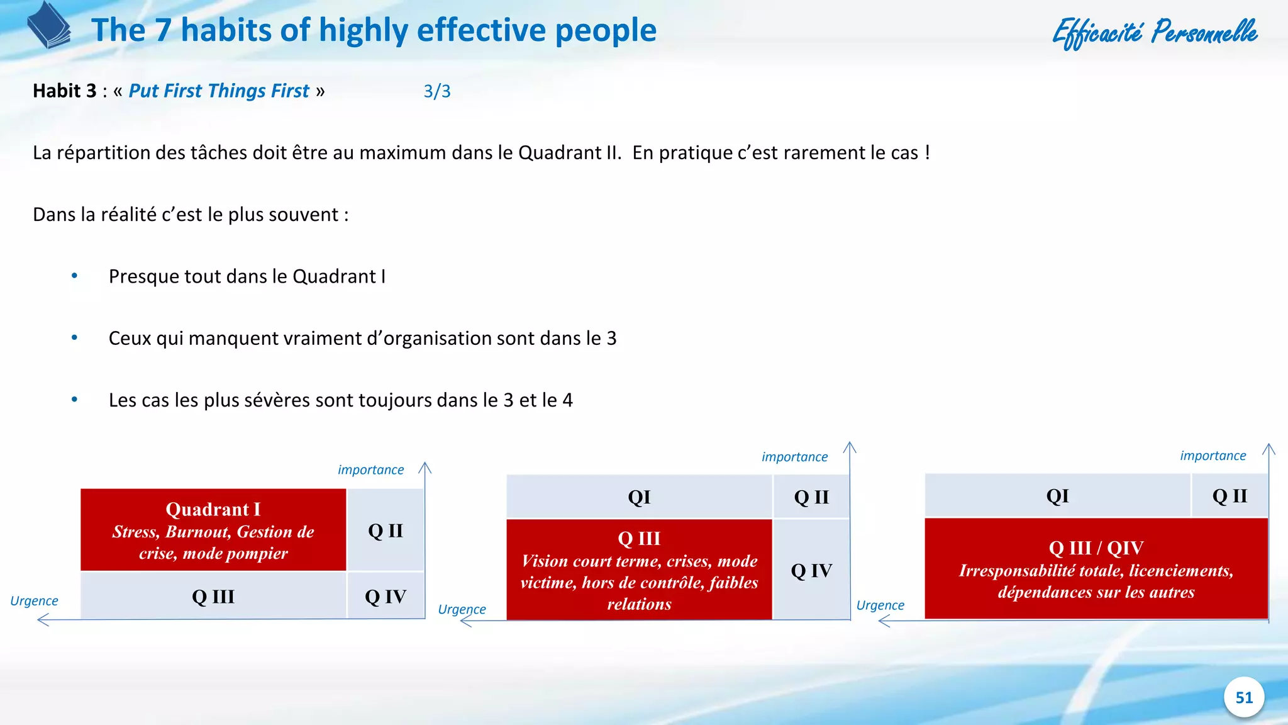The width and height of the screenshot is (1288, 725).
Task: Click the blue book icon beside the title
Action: tap(48, 26)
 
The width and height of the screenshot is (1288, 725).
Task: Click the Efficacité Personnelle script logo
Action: tap(1155, 32)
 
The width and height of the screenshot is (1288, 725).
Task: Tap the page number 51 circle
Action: tap(1243, 697)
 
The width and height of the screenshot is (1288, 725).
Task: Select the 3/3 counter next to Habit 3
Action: tap(437, 91)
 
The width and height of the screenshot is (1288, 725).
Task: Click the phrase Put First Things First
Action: tap(219, 91)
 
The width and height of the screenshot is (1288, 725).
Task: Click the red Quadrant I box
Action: tap(213, 530)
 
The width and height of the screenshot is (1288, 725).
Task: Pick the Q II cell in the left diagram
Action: tap(386, 530)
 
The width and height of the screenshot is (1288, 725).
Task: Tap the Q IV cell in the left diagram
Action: tap(386, 596)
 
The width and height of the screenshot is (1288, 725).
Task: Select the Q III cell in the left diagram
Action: tap(213, 596)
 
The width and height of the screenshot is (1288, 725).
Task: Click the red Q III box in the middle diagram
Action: tap(639, 570)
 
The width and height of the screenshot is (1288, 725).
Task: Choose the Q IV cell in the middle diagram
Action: tap(811, 570)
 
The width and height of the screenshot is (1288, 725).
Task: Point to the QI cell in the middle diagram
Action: tap(639, 497)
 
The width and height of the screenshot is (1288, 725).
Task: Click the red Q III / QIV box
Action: tap(1096, 569)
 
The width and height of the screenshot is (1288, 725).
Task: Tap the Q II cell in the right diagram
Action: tap(1230, 496)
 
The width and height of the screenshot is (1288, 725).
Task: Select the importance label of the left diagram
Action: tap(370, 469)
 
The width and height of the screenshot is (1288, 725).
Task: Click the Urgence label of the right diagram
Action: tap(880, 605)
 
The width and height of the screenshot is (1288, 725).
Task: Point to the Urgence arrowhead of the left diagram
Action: tap(42, 621)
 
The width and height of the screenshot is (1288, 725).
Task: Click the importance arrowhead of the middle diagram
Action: tap(850, 447)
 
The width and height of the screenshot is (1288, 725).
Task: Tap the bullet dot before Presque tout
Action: tap(74, 276)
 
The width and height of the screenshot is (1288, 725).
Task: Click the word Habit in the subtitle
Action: tap(56, 91)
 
